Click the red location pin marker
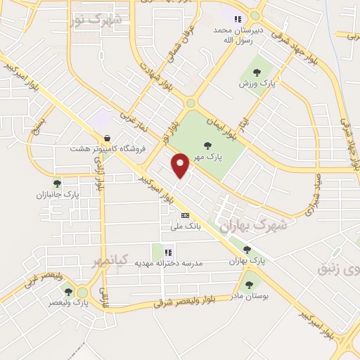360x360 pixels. (181, 166)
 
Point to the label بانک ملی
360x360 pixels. (186, 227)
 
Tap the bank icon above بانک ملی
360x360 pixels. (185, 216)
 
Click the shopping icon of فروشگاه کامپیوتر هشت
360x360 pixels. (107, 138)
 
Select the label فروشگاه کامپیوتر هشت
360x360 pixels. (106, 149)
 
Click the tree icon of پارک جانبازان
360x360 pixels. (67, 183)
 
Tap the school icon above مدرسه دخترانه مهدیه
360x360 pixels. (167, 252)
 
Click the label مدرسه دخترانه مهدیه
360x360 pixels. (172, 263)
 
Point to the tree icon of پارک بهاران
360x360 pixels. (246, 250)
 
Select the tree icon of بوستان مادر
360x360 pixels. (248, 284)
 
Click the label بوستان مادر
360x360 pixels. (250, 296)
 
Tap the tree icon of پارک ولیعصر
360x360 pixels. (68, 291)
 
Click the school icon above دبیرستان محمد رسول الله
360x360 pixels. (238, 19)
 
